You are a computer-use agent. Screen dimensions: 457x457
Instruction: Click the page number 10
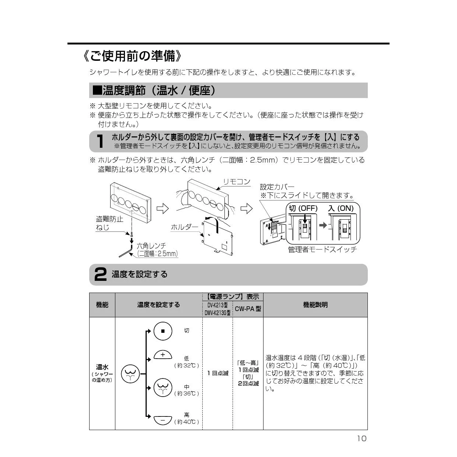coord(362,438)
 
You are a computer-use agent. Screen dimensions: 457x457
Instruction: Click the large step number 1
coord(100,142)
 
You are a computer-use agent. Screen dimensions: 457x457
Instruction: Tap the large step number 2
coord(100,275)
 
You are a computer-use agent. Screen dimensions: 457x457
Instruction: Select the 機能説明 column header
coord(315,305)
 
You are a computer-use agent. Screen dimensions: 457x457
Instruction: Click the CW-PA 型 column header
coord(248,309)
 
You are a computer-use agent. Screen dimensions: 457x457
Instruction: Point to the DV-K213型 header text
coord(217,305)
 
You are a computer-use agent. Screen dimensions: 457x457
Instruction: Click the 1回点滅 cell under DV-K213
coord(217,373)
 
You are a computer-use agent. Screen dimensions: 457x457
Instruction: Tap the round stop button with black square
coord(163,331)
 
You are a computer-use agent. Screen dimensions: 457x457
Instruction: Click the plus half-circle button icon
coord(163,355)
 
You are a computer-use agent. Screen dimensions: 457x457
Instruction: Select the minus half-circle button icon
coord(163,419)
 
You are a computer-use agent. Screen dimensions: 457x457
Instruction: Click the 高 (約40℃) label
coord(186,418)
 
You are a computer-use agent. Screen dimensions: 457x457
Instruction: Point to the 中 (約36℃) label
coord(186,390)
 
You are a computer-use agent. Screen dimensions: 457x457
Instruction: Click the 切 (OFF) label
coord(303,208)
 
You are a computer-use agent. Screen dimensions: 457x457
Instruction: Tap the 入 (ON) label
coord(341,208)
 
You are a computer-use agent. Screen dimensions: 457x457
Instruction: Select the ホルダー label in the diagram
coord(184,227)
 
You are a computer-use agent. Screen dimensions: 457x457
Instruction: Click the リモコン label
coord(237,182)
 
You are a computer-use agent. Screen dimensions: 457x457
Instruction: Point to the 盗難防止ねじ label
coord(109,223)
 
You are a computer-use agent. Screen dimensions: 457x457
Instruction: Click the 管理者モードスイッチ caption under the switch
coord(322,250)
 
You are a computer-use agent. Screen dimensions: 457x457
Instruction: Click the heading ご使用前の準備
coord(133,56)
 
